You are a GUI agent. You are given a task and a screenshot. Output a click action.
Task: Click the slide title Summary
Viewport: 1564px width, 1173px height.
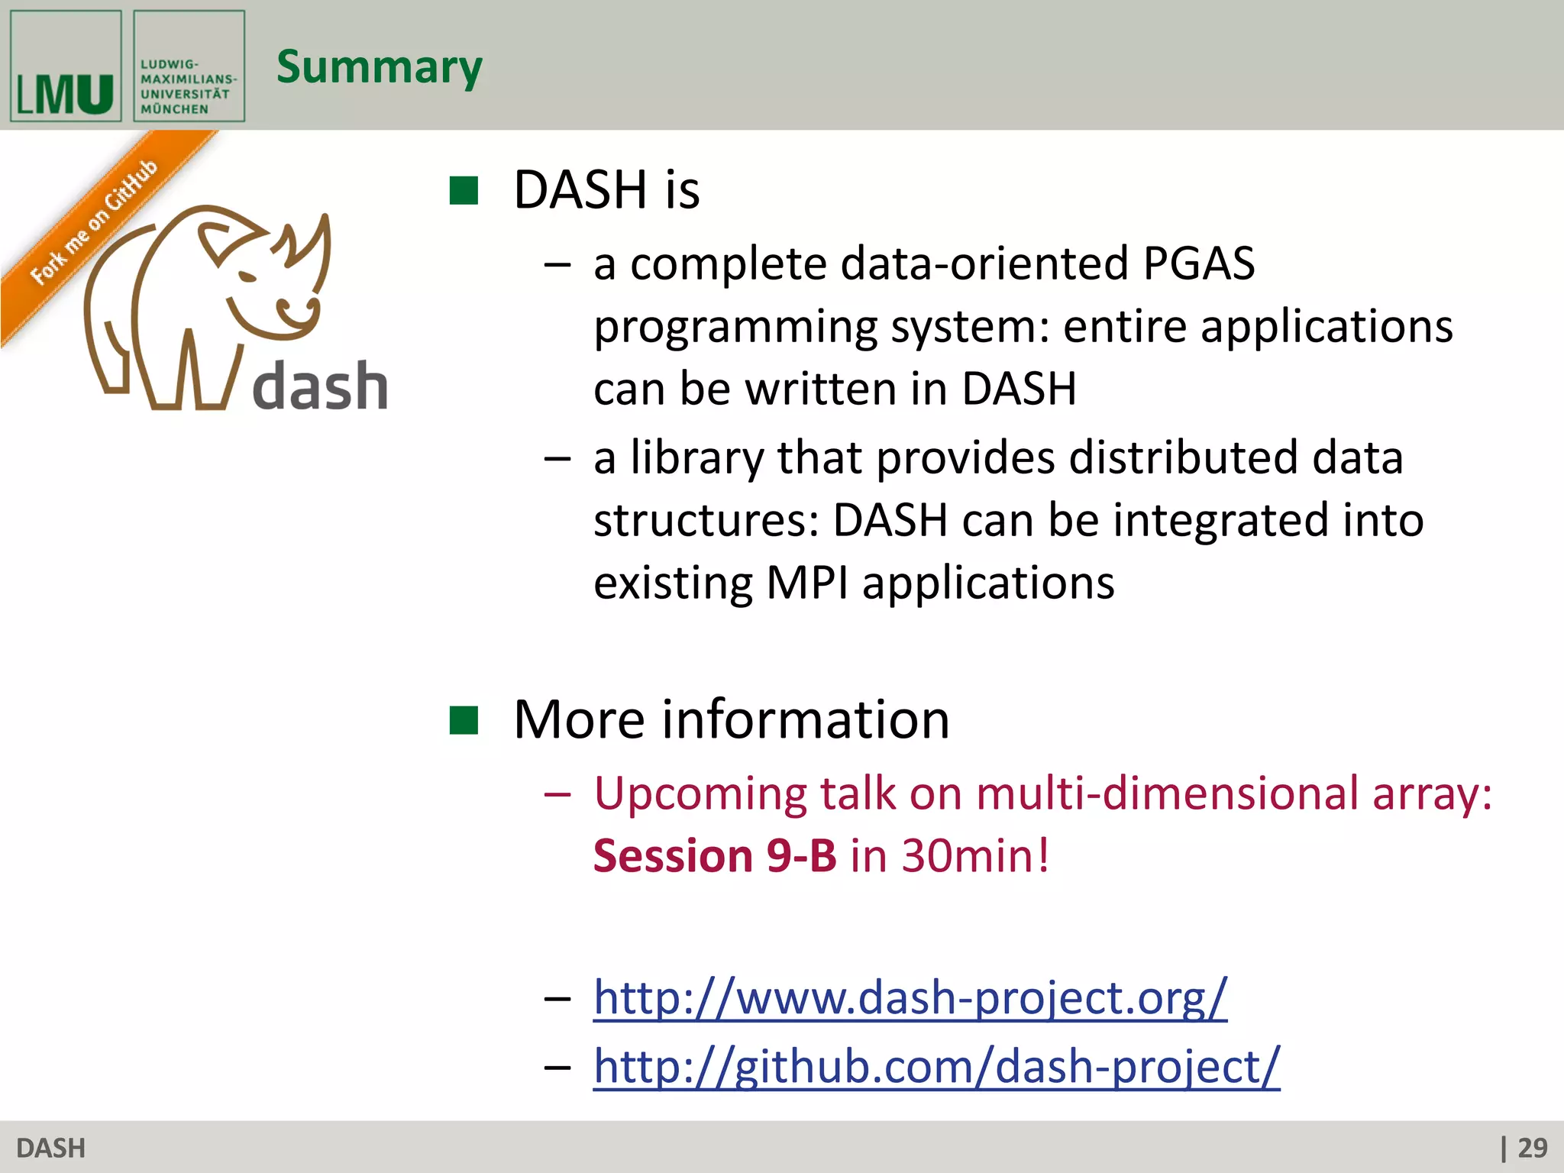pos(379,67)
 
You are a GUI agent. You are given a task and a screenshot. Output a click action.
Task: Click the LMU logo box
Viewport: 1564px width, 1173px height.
pos(66,66)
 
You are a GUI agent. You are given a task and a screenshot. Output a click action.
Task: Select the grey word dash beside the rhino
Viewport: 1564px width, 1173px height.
pos(320,386)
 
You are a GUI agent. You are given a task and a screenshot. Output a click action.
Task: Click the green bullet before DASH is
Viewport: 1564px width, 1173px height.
pos(464,191)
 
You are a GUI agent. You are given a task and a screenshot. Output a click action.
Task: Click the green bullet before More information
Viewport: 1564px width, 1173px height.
pos(464,720)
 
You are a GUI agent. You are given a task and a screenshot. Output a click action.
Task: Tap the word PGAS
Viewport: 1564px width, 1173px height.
pos(1198,263)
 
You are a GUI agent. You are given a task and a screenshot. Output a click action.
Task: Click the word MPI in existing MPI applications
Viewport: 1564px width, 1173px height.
pos(806,583)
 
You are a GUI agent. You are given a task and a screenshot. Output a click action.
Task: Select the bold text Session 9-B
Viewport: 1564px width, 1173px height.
pos(715,855)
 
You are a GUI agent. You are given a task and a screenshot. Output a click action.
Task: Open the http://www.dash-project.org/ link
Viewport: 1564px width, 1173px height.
pos(910,997)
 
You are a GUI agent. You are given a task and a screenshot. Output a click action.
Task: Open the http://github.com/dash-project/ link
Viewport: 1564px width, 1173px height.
pos(936,1066)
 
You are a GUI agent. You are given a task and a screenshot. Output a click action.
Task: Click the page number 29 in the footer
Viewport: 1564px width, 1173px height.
pos(1531,1148)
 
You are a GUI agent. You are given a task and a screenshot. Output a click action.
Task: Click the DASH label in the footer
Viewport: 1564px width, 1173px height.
pos(50,1148)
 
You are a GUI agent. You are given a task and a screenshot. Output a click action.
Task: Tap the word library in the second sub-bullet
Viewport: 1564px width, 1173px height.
pos(696,458)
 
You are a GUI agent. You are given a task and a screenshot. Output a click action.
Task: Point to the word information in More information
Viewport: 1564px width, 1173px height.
pos(806,719)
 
